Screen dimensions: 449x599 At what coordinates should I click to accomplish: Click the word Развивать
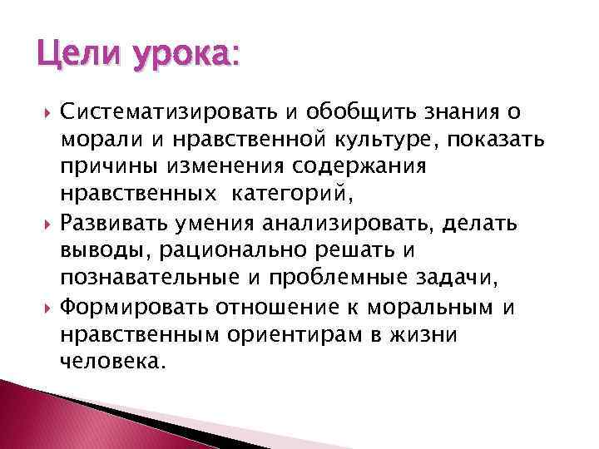pos(131,222)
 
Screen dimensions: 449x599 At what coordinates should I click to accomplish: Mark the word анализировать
pos(348,222)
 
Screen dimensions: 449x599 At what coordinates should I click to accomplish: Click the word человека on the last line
pos(125,362)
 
